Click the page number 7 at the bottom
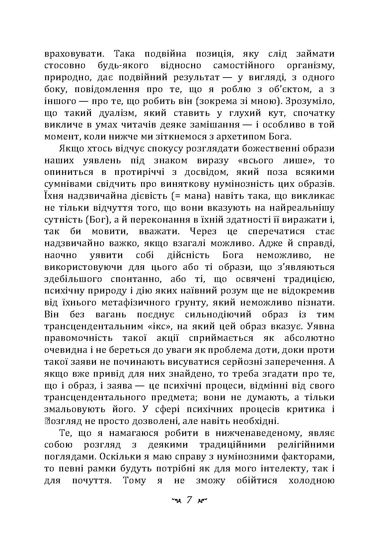pyautogui.click(x=189, y=500)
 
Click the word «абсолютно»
pyautogui.click(x=309, y=339)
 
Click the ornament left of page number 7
pyautogui.click(x=175, y=501)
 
